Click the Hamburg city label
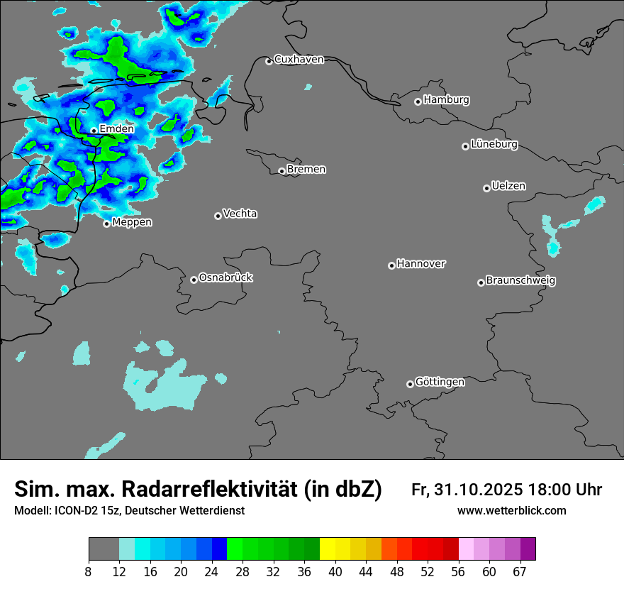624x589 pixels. [x=446, y=100]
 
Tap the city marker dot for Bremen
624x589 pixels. [x=282, y=171]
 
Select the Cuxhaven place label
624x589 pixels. [x=299, y=60]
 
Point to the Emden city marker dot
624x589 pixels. [x=94, y=131]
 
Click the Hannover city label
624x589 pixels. [x=420, y=264]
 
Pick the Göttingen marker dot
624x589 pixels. [x=410, y=384]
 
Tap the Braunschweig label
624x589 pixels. [x=520, y=281]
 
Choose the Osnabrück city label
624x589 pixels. [x=225, y=277]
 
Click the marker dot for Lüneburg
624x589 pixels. [x=465, y=146]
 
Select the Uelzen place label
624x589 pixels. [x=508, y=187]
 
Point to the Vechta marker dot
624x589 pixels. [x=218, y=216]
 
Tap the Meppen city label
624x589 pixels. [x=132, y=223]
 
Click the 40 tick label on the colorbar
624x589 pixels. [x=335, y=572]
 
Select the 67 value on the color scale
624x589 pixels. [x=520, y=572]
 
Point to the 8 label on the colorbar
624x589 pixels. [x=89, y=572]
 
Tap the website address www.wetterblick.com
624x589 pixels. [x=512, y=511]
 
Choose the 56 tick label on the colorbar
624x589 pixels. [x=459, y=572]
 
